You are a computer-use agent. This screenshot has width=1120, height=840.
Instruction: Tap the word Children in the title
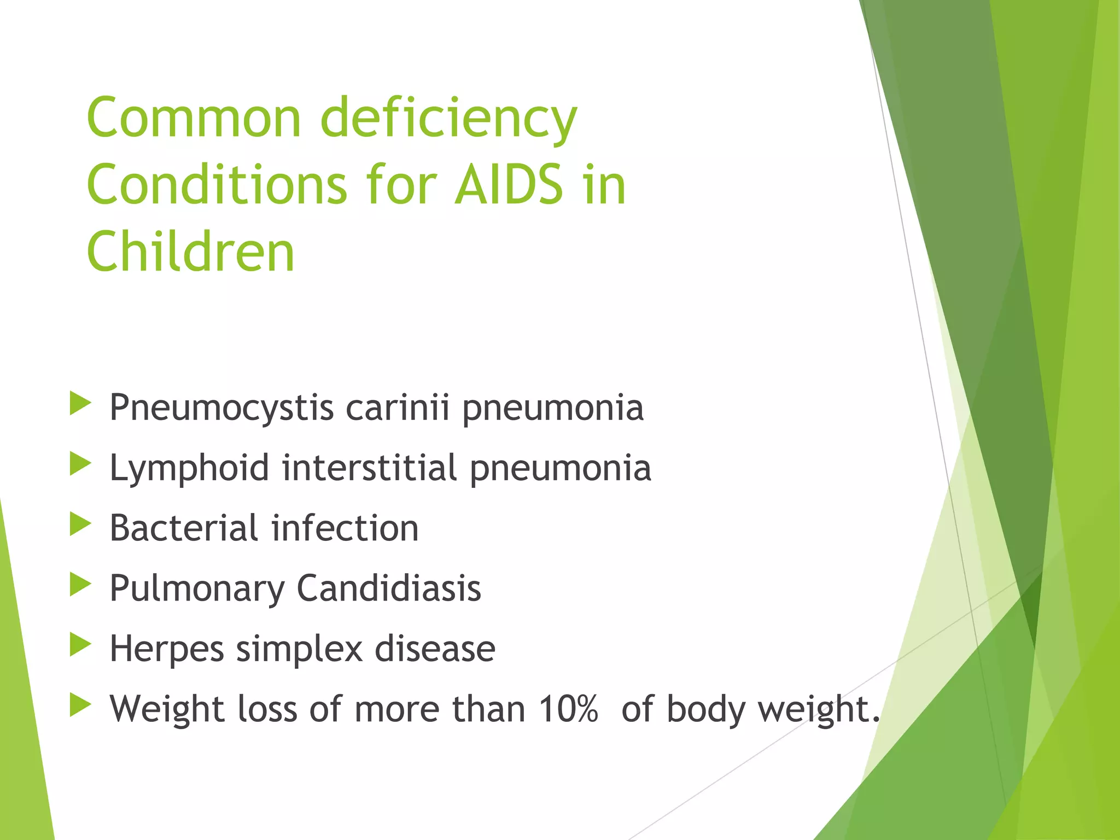(191, 252)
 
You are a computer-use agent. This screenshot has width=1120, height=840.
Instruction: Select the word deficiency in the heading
(448, 119)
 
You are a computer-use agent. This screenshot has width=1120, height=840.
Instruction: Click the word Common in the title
(194, 118)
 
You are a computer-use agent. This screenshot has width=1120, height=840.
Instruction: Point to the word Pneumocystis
(221, 409)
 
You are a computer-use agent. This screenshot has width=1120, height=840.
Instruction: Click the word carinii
(398, 407)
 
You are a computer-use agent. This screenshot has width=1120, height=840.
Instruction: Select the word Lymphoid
(189, 469)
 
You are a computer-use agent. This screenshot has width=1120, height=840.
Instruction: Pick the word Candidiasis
(389, 588)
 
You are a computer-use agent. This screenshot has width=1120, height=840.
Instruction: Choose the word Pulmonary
(197, 590)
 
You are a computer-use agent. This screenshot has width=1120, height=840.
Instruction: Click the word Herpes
(167, 650)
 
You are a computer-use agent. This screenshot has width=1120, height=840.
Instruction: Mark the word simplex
(299, 650)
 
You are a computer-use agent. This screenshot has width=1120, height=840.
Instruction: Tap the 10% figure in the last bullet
(568, 709)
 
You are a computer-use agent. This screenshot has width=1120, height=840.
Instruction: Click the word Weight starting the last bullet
(167, 710)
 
